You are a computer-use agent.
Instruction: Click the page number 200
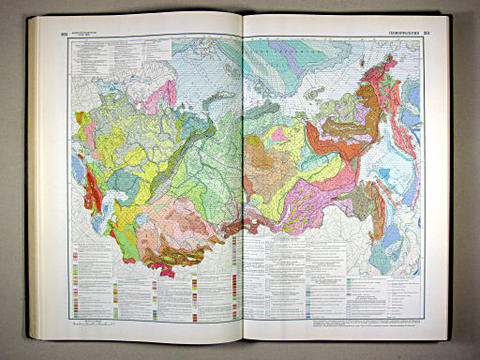click(64, 35)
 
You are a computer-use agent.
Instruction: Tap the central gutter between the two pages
click(243, 187)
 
